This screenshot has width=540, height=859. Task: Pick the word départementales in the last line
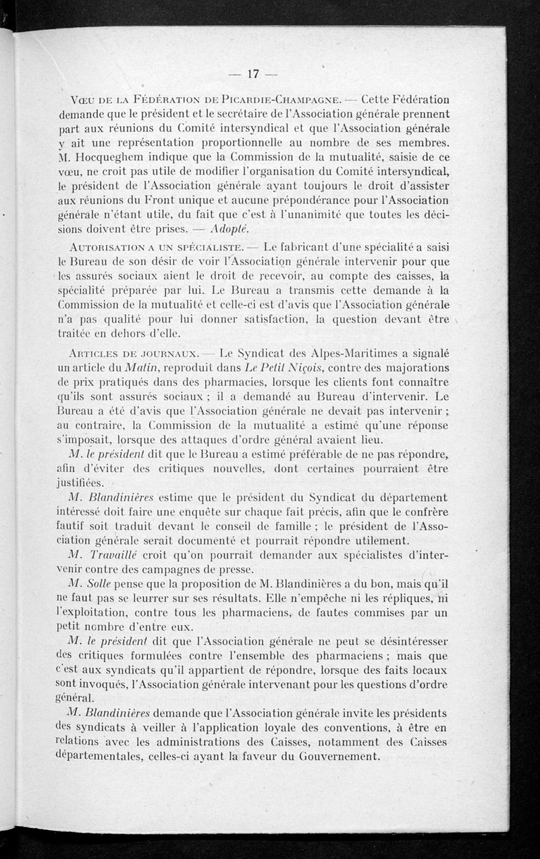coord(93,756)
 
